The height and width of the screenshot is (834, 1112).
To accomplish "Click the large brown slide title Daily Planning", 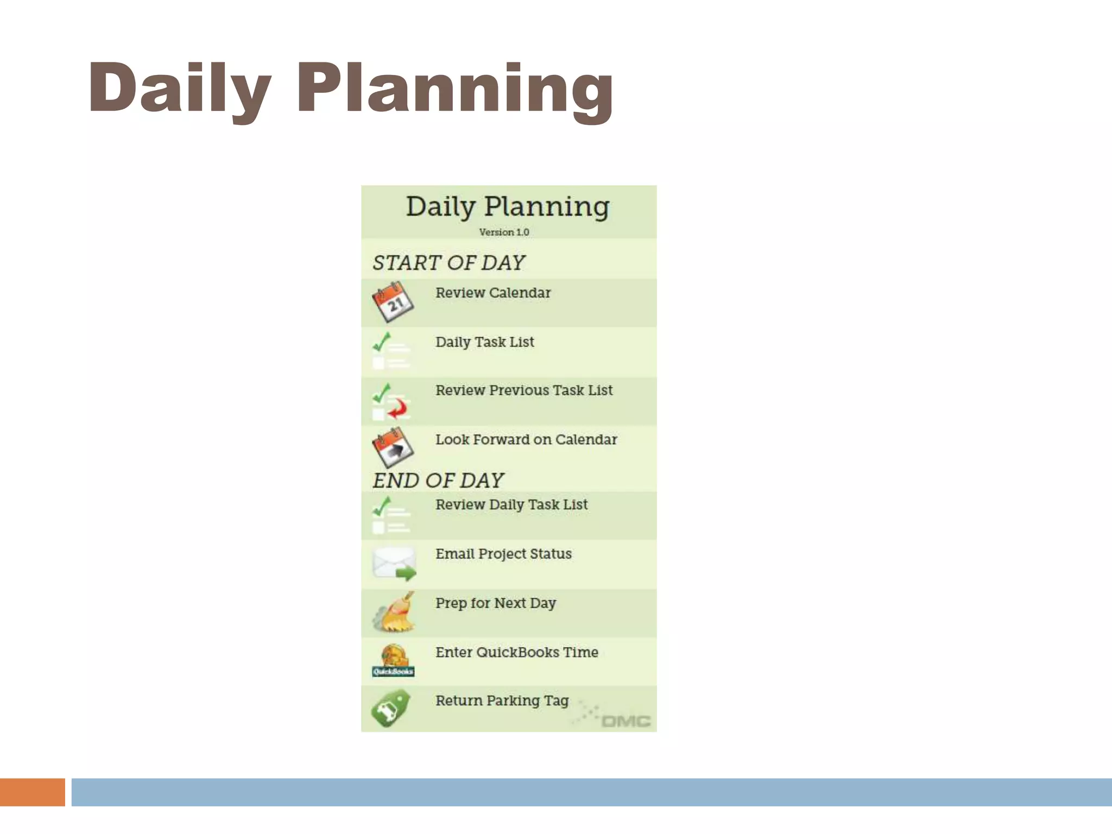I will point(351,90).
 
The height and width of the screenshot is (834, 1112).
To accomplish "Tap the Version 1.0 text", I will point(504,232).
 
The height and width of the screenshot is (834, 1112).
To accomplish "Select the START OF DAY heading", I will point(448,263).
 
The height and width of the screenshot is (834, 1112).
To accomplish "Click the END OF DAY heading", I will point(438,481).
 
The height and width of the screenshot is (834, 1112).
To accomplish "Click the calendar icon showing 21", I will point(393,302).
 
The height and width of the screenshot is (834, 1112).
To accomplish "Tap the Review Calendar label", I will point(493,293).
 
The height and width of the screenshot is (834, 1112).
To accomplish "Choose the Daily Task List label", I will point(485,342).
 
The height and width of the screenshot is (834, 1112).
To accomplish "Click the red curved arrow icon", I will point(398,409).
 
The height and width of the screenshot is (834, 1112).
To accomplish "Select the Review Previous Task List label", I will point(524,390).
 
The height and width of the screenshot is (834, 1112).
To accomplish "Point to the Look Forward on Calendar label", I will point(526,440).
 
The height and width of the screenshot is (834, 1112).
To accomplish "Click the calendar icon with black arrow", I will point(393,447).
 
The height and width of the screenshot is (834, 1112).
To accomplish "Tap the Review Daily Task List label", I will point(511,505).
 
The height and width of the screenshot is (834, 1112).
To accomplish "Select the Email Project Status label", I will point(503,554).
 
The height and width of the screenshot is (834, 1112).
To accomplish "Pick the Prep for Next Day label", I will point(496,603).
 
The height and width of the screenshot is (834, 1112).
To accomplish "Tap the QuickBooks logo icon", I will point(394,661).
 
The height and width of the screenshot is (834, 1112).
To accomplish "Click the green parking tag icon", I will point(391,708).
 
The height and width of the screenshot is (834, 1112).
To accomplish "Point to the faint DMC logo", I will point(624,721).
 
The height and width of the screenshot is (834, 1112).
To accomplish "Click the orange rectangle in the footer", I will point(32,792).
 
